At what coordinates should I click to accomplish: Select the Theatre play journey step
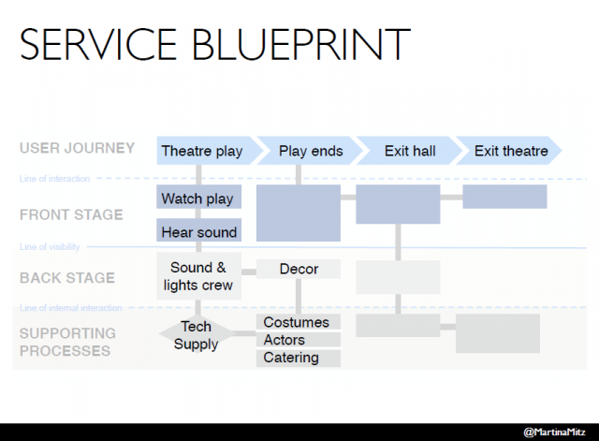tap(201, 151)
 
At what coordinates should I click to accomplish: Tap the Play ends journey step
tap(311, 151)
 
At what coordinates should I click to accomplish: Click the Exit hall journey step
tap(408, 151)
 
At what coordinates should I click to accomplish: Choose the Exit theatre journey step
tap(510, 151)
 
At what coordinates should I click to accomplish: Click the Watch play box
tap(198, 198)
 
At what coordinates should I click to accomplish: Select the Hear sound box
tap(198, 231)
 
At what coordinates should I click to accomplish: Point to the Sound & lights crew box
tap(198, 277)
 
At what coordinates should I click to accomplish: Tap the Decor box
tap(299, 269)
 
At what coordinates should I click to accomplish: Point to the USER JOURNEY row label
tap(77, 148)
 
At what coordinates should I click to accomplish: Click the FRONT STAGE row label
tap(71, 214)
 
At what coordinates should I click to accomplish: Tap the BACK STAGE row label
tap(67, 277)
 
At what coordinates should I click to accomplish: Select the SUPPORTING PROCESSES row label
tap(67, 342)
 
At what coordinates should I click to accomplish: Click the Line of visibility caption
tap(50, 247)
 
